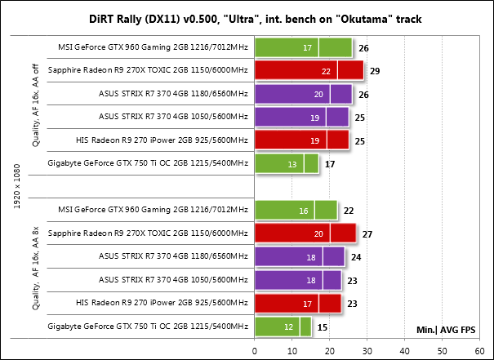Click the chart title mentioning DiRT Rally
click(247, 19)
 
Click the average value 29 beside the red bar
click(374, 72)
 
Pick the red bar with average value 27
click(305, 233)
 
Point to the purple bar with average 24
click(299, 257)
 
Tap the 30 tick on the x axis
click(367, 350)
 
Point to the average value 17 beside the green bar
click(330, 164)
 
